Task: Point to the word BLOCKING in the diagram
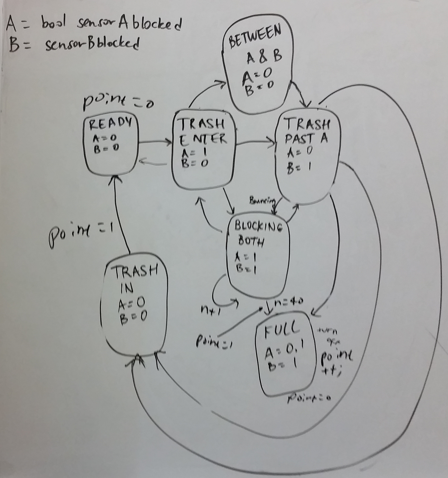tap(258, 227)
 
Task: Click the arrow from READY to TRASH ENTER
tap(155, 143)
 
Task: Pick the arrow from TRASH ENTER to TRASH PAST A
tap(255, 143)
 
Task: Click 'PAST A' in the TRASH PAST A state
tap(306, 139)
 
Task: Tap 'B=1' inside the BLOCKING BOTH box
tap(247, 269)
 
